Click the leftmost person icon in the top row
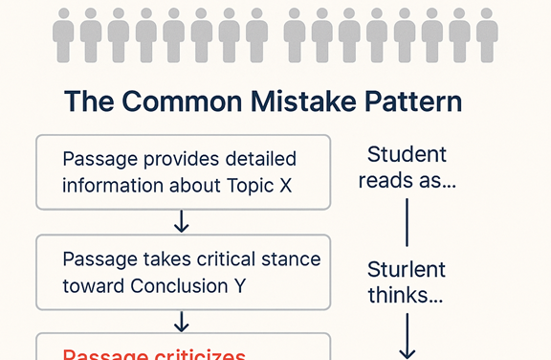coord(63,37)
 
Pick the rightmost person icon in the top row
coord(486,37)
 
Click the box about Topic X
coord(183,172)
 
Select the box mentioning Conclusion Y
coord(183,272)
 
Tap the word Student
coord(408,154)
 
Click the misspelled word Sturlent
coord(408,270)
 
